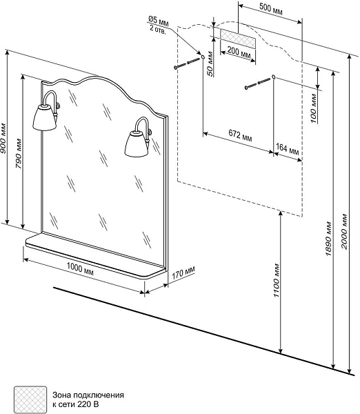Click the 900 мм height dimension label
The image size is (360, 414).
[3, 138]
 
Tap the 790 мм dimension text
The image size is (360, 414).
[19, 153]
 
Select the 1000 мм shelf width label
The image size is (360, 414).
[80, 268]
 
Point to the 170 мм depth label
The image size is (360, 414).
[183, 273]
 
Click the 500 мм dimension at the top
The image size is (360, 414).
[271, 9]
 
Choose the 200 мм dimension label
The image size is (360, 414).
[239, 52]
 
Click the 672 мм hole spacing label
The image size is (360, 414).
[240, 135]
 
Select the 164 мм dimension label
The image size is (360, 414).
[288, 149]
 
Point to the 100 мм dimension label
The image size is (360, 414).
[313, 108]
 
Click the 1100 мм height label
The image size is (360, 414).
[276, 280]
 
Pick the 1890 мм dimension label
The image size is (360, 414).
[328, 239]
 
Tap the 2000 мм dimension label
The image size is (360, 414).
[344, 232]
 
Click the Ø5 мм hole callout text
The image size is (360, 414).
[159, 24]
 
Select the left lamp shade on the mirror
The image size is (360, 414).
[45, 117]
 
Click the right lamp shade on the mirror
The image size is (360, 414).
[136, 145]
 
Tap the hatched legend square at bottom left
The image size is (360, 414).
[30, 400]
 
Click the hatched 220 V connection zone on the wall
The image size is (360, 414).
[238, 39]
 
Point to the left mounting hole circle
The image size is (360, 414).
[203, 57]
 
